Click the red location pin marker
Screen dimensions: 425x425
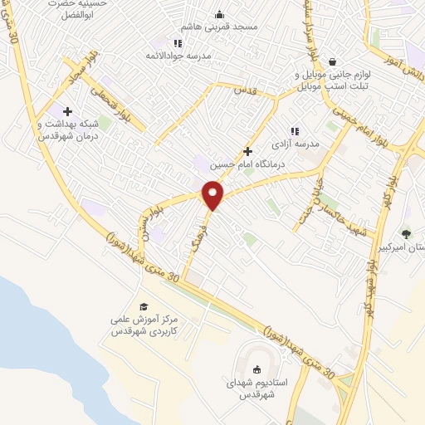click(x=214, y=195)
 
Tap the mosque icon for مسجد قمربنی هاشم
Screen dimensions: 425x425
click(x=219, y=14)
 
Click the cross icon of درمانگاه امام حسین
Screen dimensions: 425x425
click(x=247, y=152)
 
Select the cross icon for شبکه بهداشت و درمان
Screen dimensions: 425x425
click(x=67, y=112)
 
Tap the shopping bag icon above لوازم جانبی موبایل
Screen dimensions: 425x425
click(x=332, y=61)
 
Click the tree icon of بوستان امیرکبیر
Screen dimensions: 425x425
click(x=406, y=234)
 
